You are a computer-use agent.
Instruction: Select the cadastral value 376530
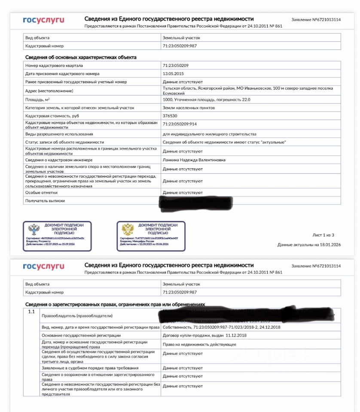tap(170, 116)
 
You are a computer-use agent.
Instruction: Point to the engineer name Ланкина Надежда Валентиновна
tap(194, 160)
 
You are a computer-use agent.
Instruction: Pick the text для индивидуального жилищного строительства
tap(209, 134)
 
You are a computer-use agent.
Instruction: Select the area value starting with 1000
tap(206, 100)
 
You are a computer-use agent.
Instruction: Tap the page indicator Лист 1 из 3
tap(323, 235)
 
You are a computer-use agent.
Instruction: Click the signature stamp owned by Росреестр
tap(57, 236)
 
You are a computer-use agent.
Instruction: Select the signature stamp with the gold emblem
tap(151, 236)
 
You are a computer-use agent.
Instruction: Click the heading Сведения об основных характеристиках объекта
tap(81, 57)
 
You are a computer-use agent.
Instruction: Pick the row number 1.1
tap(31, 311)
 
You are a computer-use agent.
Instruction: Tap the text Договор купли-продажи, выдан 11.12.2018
tap(204, 335)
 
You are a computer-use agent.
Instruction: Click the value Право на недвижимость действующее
tap(199, 344)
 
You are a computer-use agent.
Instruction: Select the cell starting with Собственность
tap(221, 327)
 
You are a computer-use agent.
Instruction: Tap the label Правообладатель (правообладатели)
tap(76, 316)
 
